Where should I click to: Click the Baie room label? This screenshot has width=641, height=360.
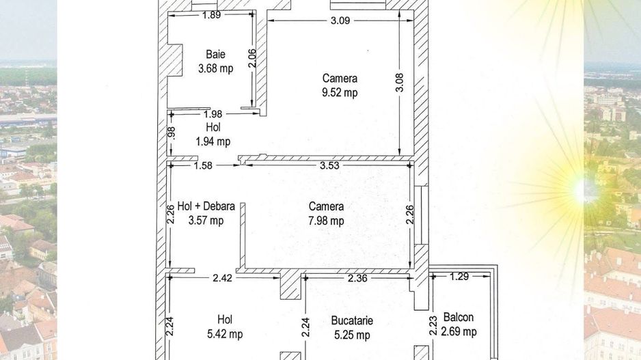tap(215, 55)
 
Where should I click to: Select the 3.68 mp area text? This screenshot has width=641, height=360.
tap(216, 68)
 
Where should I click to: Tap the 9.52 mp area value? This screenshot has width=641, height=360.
tap(340, 92)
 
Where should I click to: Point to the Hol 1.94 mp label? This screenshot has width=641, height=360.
tap(213, 134)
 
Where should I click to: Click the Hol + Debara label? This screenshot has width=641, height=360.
tap(206, 206)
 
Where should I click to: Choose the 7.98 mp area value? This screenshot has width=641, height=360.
tap(326, 221)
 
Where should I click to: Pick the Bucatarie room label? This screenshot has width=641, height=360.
tap(352, 320)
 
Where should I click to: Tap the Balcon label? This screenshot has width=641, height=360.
tap(459, 317)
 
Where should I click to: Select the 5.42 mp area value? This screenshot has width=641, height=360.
tap(225, 334)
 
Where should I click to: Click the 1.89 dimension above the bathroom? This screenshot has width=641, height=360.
tap(212, 15)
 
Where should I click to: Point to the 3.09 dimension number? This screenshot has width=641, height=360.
tap(340, 20)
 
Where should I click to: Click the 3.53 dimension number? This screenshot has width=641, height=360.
tap(330, 165)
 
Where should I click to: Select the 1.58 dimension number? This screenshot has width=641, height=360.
tap(203, 165)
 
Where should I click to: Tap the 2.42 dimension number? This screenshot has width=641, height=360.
tap(222, 278)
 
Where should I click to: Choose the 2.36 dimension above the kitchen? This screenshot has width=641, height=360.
tap(357, 278)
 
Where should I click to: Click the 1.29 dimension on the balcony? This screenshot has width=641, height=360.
tap(459, 277)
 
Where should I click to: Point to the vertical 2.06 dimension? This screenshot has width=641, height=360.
tap(252, 58)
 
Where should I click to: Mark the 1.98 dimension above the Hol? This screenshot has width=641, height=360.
tap(213, 114)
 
